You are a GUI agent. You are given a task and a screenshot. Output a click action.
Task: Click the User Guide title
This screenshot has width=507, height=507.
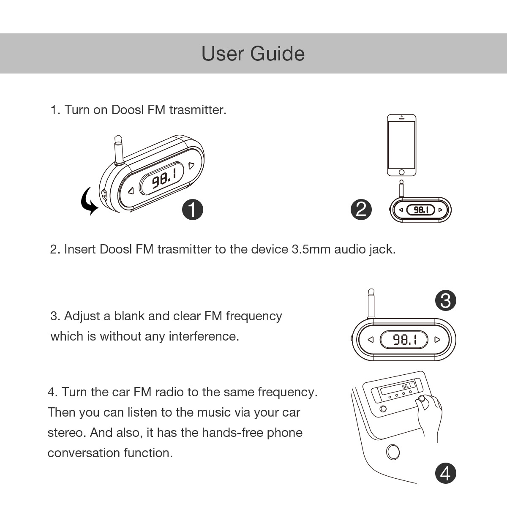coord(253,54)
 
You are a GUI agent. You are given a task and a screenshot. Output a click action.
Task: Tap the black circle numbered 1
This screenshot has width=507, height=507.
coord(192,210)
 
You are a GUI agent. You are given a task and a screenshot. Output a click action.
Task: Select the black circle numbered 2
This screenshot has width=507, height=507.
coord(361,210)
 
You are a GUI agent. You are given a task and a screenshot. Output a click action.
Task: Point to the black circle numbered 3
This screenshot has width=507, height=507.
coord(445,300)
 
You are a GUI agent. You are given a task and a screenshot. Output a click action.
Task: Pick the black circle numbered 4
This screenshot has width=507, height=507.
coord(445,474)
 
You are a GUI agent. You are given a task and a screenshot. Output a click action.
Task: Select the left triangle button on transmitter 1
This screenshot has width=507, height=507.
coord(131,191)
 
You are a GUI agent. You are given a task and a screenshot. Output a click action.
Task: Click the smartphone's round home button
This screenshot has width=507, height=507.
coord(401,172)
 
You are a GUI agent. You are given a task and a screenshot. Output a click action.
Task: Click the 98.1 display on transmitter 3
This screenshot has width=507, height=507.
coord(404,339)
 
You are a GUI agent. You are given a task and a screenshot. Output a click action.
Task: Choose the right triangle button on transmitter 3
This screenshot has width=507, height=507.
coord(437,339)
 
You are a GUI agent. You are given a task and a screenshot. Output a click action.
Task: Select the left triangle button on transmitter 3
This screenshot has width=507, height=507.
coord(371,339)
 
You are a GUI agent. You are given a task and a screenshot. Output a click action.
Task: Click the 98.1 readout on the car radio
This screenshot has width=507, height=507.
coord(406,386)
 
